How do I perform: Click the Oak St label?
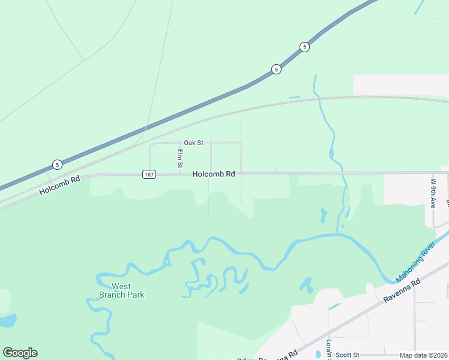click(194, 143)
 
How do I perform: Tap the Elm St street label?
click(179, 158)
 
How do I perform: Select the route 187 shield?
click(149, 174)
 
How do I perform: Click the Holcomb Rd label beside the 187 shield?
click(213, 174)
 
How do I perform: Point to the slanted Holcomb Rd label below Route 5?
click(59, 185)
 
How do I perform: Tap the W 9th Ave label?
click(433, 193)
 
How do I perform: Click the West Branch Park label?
click(121, 290)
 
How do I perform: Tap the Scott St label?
click(347, 355)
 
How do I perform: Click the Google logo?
click(20, 353)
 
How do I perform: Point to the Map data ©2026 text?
click(423, 355)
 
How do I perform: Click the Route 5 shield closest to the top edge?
click(305, 47)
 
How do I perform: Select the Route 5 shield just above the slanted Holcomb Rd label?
click(56, 164)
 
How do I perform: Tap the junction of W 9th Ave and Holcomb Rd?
click(433, 173)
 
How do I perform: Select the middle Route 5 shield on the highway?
click(276, 69)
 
